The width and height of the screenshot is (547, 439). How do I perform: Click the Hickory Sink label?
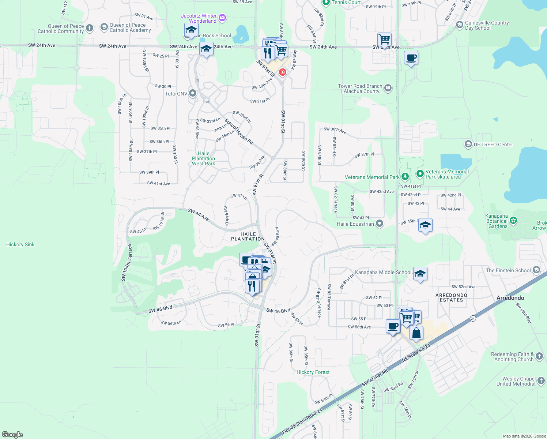pos(20,244)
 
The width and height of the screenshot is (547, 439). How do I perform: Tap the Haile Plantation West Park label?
pos(204,159)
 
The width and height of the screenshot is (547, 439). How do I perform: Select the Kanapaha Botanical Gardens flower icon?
pos(513,220)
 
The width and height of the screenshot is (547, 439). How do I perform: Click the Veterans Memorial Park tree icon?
pos(405,177)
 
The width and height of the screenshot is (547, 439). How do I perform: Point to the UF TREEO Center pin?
pos(468,144)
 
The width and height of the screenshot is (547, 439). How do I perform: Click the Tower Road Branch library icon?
pos(388,88)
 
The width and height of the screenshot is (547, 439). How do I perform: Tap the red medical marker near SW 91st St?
pos(282,72)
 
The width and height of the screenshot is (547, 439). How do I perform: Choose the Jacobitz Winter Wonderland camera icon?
pos(222,18)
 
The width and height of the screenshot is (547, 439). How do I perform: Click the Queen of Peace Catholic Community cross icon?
pos(90,28)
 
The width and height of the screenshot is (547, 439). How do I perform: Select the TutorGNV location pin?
pos(193,93)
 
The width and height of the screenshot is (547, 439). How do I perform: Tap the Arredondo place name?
pos(510,298)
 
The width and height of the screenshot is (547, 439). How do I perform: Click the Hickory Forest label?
pos(313,372)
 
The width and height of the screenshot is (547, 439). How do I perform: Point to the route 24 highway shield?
pos(473,318)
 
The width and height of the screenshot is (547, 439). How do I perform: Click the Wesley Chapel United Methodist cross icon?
pos(541,381)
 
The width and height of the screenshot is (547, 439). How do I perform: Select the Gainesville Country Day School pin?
pos(460,25)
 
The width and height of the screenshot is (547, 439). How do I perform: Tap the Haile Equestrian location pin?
pos(380,223)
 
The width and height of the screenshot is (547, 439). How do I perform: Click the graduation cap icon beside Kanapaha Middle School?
pos(420,273)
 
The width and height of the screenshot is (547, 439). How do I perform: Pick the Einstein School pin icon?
pos(536,270)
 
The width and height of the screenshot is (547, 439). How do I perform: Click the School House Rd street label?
pos(239,131)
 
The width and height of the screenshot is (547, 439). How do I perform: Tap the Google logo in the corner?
pos(12,434)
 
